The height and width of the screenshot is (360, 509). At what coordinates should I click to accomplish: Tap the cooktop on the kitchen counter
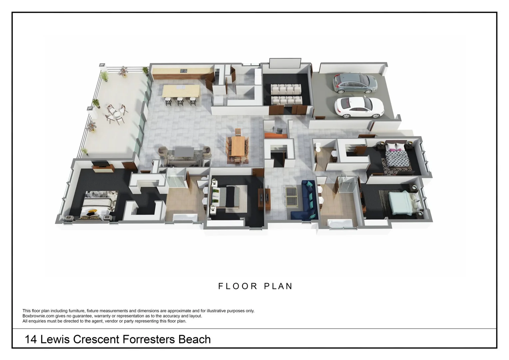(x=184, y=71)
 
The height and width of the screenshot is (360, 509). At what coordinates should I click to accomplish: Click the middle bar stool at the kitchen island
(x=180, y=101)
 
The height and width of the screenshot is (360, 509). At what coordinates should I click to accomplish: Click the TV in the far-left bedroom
(x=100, y=164)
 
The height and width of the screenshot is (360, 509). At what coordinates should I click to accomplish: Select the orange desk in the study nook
(x=275, y=135)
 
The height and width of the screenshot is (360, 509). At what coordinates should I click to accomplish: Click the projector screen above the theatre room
(x=285, y=63)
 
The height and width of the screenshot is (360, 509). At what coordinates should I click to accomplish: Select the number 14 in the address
(x=31, y=339)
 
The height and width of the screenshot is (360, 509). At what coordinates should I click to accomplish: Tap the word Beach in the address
(x=195, y=339)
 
